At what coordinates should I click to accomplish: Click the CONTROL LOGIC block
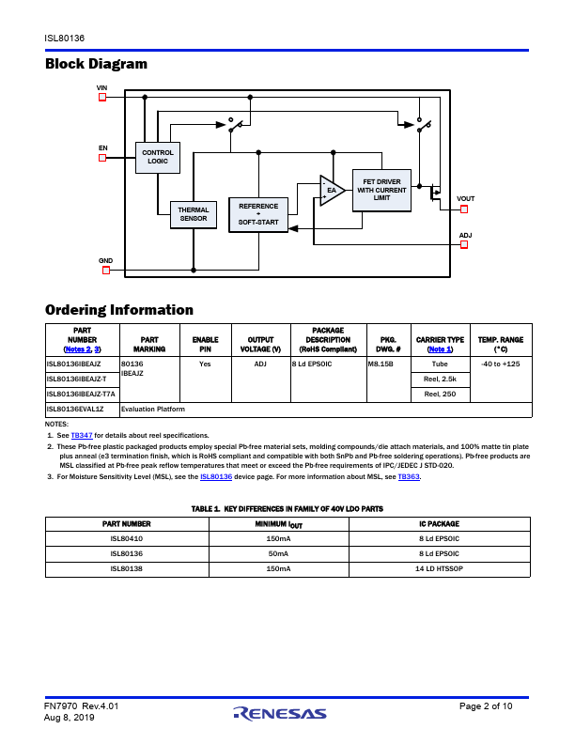click(x=158, y=158)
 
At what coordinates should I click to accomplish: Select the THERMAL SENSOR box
click(x=194, y=214)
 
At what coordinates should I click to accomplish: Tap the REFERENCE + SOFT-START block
click(x=258, y=214)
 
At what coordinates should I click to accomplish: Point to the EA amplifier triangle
click(x=332, y=191)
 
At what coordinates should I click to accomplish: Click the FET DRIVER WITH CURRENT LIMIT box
click(x=381, y=191)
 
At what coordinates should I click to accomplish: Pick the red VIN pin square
click(x=102, y=98)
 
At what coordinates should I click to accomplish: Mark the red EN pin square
click(x=102, y=158)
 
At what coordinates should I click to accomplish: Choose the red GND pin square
click(x=106, y=270)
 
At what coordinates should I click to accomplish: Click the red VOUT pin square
click(x=464, y=209)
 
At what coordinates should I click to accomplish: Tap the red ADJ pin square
click(x=464, y=245)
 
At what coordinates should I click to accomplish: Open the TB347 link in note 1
click(x=82, y=435)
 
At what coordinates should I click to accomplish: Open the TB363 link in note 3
click(x=409, y=476)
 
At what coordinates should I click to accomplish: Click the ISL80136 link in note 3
click(x=216, y=476)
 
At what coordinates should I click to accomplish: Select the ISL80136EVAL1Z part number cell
click(x=83, y=410)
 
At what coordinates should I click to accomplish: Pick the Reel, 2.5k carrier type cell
click(x=441, y=380)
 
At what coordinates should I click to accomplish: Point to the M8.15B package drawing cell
click(x=389, y=380)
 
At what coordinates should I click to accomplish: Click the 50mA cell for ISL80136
click(x=278, y=553)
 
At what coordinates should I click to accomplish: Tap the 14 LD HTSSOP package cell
click(x=440, y=569)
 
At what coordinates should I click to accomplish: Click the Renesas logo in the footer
click(x=280, y=714)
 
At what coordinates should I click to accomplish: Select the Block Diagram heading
click(x=97, y=64)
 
